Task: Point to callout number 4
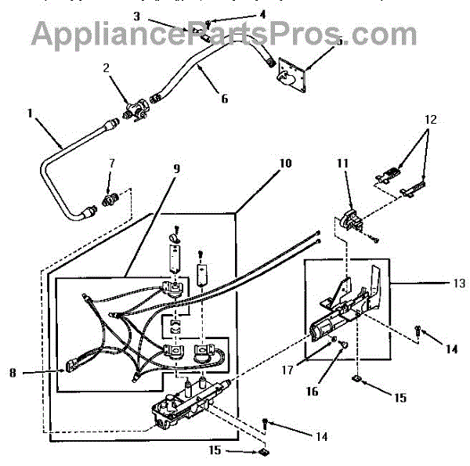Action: (x=240, y=13)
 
